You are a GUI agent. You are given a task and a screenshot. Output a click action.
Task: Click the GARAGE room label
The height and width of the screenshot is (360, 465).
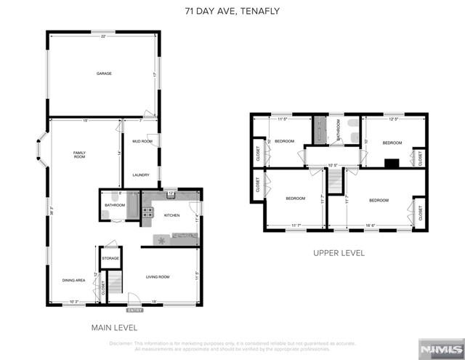coord(105,73)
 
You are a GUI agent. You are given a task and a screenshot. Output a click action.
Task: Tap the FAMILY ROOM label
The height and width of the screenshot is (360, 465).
coord(79,154)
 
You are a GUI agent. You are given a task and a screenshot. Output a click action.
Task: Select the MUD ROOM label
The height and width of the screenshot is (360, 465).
coord(142,141)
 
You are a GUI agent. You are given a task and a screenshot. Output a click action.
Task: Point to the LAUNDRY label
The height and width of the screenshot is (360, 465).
coord(141,175)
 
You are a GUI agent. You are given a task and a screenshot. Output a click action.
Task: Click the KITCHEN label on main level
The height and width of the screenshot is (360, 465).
coord(171,215)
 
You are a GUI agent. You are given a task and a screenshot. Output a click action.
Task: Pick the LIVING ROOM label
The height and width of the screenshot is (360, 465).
coord(158,276)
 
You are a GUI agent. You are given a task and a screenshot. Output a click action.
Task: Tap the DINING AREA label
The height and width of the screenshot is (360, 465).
coord(73,280)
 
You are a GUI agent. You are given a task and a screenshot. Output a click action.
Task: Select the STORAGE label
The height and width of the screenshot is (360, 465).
coord(110,257)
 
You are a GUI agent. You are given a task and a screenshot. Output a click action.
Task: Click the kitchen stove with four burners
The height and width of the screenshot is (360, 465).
coord(147,213)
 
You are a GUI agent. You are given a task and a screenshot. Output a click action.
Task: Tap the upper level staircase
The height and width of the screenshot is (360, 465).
coord(334,183)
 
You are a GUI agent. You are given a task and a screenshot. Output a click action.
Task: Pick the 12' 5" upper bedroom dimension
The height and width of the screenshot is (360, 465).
coord(394,119)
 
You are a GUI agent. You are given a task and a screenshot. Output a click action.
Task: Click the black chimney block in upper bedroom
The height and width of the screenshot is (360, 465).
coord(392,163)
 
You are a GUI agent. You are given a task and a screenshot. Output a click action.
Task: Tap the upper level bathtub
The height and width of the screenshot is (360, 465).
coord(320,131)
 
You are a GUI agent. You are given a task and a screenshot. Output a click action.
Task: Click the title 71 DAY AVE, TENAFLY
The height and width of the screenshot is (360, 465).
coord(232,11)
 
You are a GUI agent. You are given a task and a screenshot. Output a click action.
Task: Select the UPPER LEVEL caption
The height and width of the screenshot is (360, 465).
coord(339,253)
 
